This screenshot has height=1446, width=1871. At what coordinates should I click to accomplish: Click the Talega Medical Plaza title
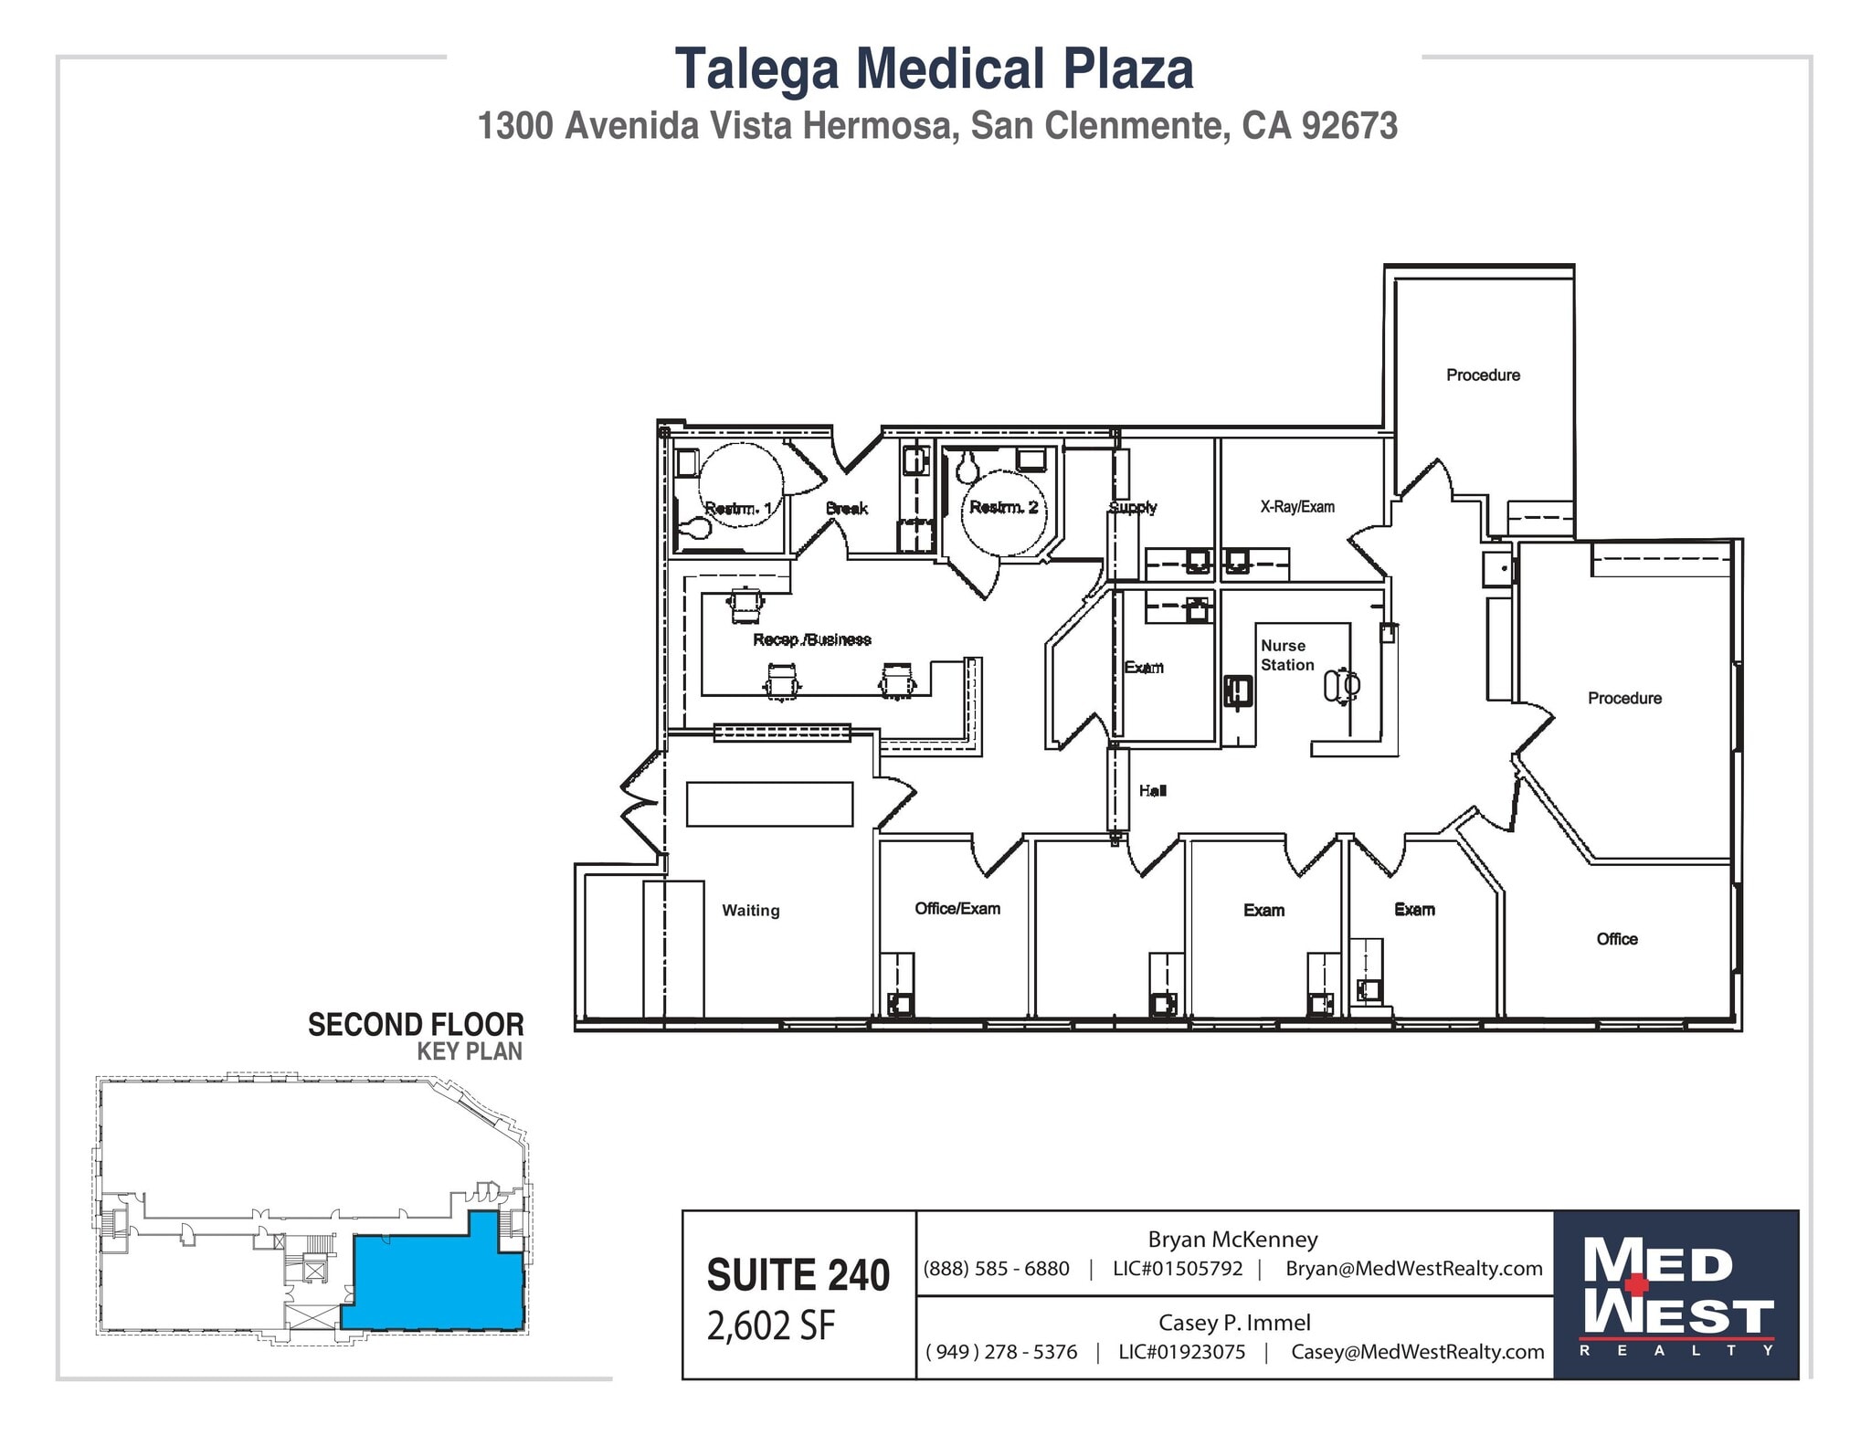[x=934, y=69]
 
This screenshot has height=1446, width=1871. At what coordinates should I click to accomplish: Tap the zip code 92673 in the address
[x=1348, y=126]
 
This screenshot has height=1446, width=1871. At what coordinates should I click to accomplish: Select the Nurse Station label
[x=1286, y=655]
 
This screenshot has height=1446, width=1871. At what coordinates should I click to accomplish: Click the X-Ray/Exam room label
[x=1296, y=506]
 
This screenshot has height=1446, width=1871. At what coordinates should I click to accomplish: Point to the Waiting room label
[x=750, y=910]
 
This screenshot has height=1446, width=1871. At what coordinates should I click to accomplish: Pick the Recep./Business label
[x=811, y=639]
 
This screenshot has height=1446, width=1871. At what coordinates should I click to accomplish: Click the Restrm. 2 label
[x=1003, y=507]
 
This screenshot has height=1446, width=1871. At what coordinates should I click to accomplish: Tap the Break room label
[x=846, y=508]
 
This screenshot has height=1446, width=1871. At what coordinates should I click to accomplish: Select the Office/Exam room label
[x=957, y=908]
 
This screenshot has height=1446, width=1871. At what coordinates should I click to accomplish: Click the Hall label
[x=1152, y=790]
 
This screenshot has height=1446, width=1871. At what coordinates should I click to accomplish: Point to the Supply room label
[x=1132, y=506]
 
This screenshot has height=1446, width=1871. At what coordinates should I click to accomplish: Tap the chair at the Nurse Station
[x=1342, y=685]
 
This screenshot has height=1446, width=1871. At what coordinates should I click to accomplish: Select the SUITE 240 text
[x=798, y=1275]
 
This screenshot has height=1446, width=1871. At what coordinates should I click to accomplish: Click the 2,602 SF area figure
[x=770, y=1326]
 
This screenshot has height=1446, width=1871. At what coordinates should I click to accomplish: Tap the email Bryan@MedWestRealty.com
[x=1413, y=1268]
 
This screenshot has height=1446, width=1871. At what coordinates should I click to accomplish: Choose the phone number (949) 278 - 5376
[x=1000, y=1352]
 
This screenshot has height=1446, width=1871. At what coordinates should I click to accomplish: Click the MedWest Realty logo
[x=1675, y=1294]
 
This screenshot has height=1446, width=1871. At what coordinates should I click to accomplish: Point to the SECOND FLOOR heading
[x=415, y=1024]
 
